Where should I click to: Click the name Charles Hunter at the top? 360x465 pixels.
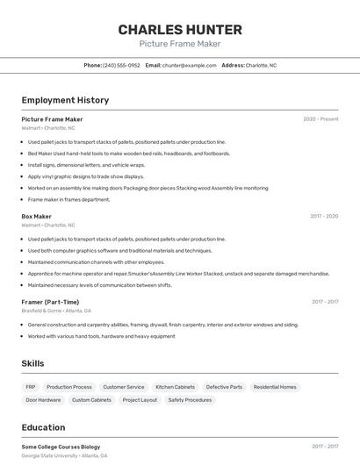pos(179,30)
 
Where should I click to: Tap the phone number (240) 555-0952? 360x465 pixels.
pos(121,65)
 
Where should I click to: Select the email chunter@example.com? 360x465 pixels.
pos(189,65)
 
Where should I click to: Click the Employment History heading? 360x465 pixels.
pos(65,101)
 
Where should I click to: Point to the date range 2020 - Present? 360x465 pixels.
pos(320,119)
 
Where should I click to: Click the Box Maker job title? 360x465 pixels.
pos(37,216)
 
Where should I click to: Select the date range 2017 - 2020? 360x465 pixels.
pos(324,216)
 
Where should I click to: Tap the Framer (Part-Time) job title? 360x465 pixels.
pos(50,302)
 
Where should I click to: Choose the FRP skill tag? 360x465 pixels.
pos(31,387)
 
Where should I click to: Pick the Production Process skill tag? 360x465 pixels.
pos(69,387)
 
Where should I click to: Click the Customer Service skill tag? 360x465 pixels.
pos(124,387)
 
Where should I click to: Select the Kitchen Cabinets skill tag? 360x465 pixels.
pos(176,387)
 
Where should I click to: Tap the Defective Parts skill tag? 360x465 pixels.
pos(224,387)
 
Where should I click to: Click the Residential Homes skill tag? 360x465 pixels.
pos(275,387)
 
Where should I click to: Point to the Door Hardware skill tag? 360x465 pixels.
pos(43,400)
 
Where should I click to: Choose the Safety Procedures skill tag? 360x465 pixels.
pos(190,400)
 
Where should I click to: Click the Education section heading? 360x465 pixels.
pos(43,427)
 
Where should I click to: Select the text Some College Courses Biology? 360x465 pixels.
pos(61,447)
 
